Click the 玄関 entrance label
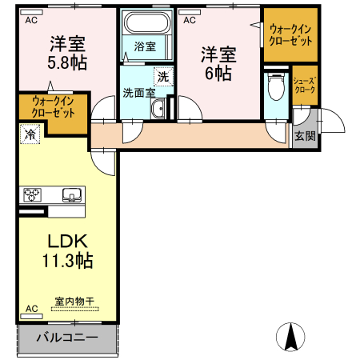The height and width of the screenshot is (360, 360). (x=305, y=135)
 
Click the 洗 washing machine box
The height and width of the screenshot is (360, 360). (x=163, y=77)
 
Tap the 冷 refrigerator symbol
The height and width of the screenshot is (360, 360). (x=30, y=135)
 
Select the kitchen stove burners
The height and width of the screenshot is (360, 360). (x=33, y=194)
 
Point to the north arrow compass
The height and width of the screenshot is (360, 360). (x=292, y=335)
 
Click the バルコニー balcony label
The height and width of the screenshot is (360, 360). (x=67, y=338)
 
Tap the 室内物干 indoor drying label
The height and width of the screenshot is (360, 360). (x=74, y=302)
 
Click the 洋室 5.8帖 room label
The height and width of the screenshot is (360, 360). (x=66, y=52)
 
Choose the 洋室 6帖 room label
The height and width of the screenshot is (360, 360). (x=218, y=64)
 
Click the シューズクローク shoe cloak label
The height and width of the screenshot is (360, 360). (x=304, y=86)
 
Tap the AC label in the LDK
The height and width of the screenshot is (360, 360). (x=32, y=308)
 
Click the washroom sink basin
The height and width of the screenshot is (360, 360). (x=158, y=110)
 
